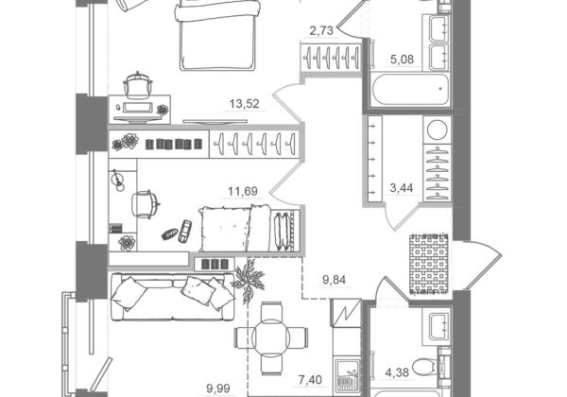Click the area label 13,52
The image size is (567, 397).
coord(245,104)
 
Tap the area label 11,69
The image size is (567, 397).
coord(243,191)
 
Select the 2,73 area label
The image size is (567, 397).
coord(321,31)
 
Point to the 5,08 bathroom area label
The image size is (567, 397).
coord(403,59)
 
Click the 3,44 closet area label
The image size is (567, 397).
coord(402,188)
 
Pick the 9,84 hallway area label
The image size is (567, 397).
coord(334,280)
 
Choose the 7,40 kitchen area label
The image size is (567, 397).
coord(310,380)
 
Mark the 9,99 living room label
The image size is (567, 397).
coord(218,388)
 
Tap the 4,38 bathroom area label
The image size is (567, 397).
coord(397,372)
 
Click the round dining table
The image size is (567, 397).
coord(271,337)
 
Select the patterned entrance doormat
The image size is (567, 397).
coord(429,263)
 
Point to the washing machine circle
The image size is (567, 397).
coord(438,129)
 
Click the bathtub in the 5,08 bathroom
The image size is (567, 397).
coord(411,89)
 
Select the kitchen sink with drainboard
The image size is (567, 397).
coord(347,377)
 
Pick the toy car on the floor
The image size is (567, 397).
coord(185,232)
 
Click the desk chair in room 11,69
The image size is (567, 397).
coord(146,205)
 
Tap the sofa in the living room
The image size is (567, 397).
coord(173,297)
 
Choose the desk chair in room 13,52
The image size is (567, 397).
coord(137,86)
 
